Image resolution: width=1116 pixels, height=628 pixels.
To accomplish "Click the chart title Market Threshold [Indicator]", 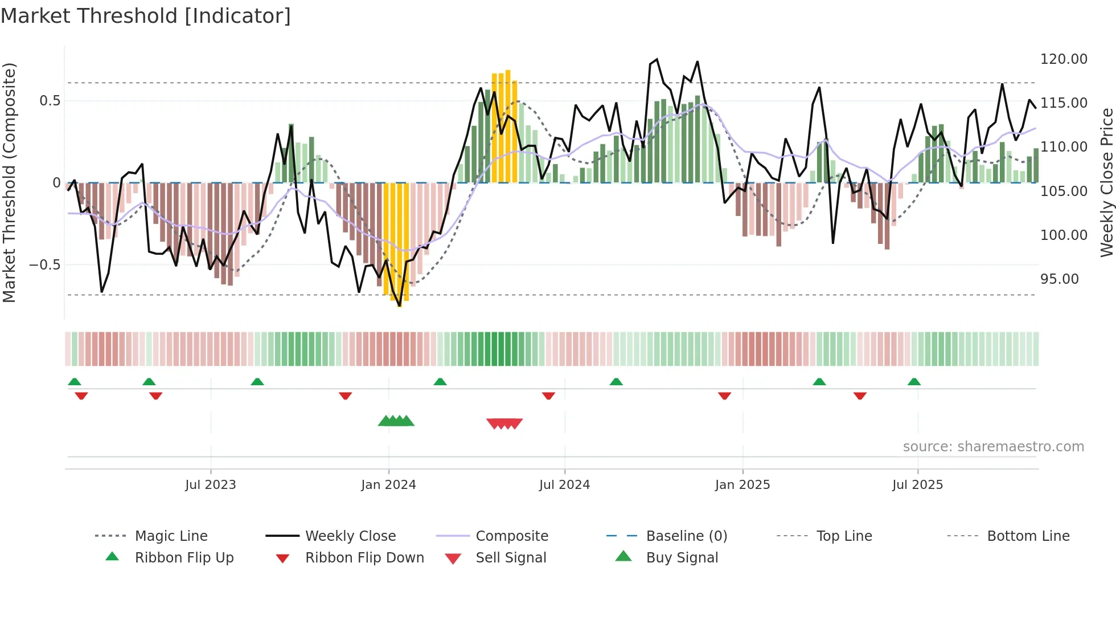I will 146,16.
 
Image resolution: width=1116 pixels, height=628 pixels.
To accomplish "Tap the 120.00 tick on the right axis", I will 1063,59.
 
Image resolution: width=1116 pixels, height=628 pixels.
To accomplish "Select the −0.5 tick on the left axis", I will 44,265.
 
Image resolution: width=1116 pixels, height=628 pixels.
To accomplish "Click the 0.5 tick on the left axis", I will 50,101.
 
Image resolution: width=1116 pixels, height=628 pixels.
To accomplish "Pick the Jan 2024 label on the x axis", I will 388,485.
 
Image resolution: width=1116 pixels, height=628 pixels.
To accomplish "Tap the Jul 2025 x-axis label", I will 917,485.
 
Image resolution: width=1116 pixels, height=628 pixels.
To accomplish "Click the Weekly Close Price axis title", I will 1106,182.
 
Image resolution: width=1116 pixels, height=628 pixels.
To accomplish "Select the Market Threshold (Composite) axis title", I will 9,182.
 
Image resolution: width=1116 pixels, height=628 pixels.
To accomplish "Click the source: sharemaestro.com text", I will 993,447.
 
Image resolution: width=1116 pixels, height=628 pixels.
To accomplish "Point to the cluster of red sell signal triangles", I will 504,423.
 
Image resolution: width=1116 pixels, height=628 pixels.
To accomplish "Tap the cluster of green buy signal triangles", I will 396,421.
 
